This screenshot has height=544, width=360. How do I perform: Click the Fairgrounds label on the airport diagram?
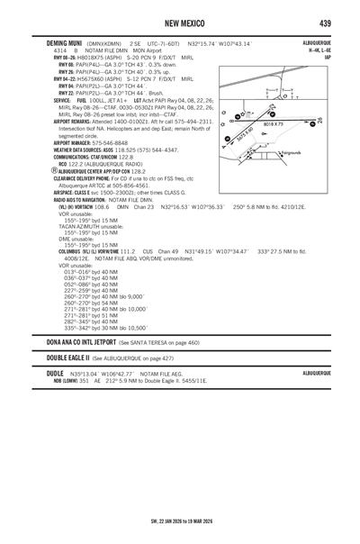click(x=291, y=154)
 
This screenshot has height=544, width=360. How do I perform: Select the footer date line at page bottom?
click(x=179, y=520)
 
